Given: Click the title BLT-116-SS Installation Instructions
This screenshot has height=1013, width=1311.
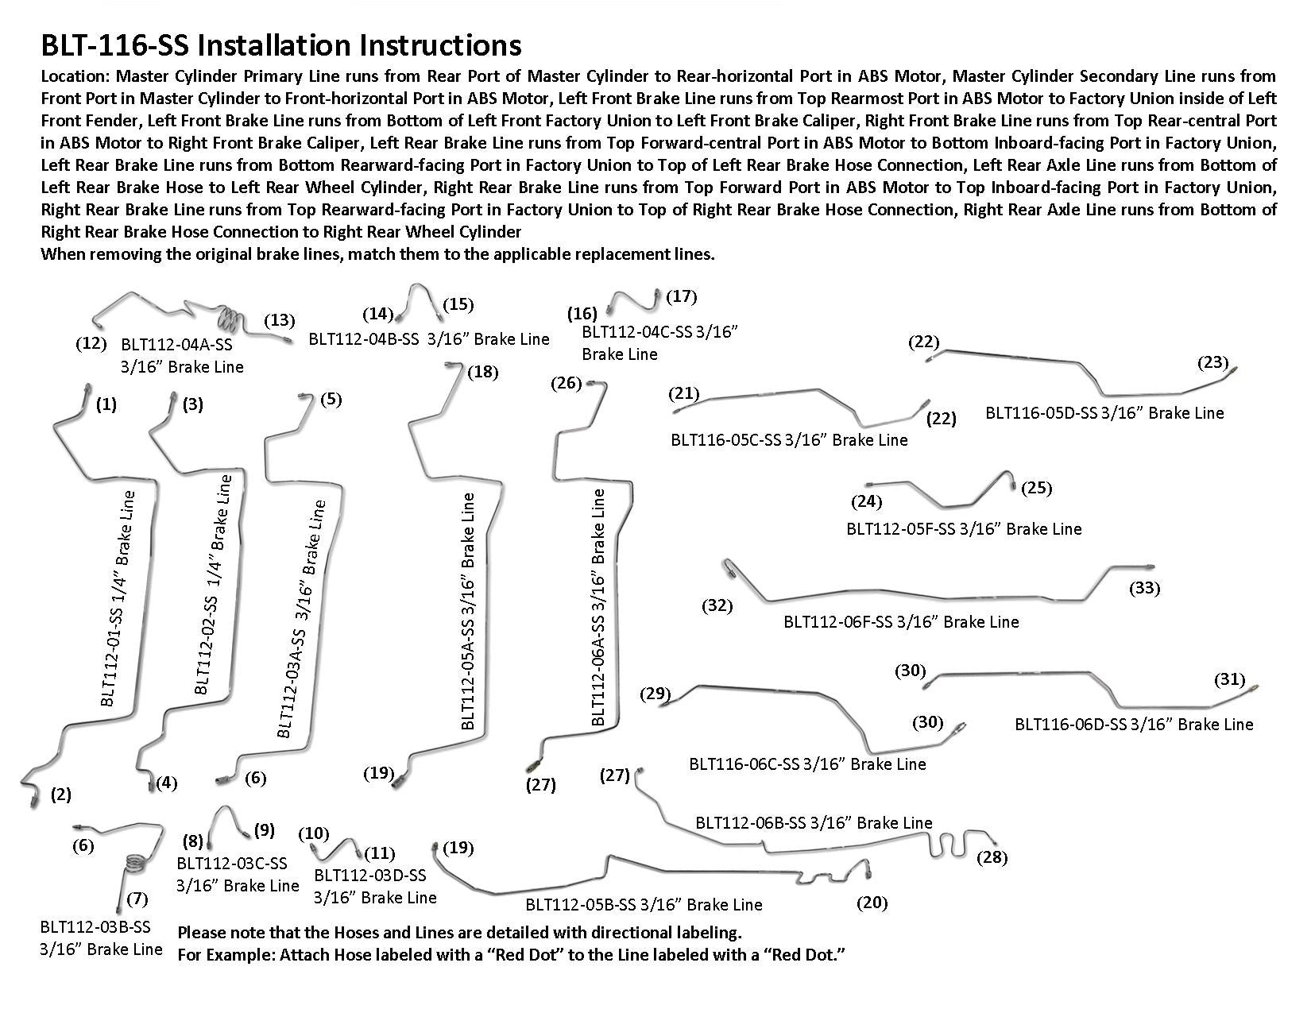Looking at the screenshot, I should coord(281,45).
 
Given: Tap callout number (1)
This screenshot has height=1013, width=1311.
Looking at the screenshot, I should coord(106,405).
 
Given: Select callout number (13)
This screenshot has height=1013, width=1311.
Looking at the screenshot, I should coord(279,321).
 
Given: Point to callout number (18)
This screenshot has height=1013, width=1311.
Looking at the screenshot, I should coord(482,373).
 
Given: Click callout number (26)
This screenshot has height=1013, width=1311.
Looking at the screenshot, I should coord(567,384).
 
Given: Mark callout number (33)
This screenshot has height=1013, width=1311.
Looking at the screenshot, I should coord(1144,589).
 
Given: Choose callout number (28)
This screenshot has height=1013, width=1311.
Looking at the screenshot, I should coord(993,858).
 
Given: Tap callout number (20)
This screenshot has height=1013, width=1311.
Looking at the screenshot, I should coord(872,903).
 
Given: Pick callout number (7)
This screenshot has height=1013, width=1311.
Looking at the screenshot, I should coord(137,899).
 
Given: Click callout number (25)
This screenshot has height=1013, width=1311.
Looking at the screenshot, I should coord(1036,488).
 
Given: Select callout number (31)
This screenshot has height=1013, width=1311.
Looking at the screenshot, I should coord(1230,679).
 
